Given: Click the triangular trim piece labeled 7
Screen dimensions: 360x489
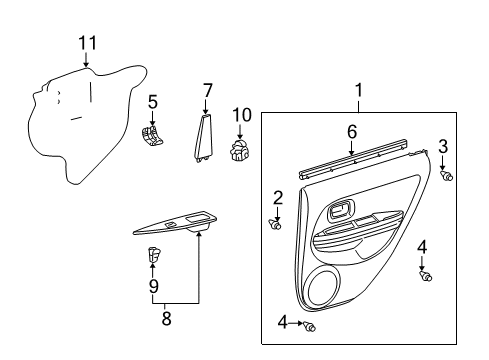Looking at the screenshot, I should (x=204, y=135).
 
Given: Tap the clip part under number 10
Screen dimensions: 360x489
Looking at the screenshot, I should (x=240, y=150).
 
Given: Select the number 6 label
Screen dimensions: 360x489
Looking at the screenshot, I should (x=352, y=131).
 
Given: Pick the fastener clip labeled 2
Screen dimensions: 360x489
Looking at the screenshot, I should (x=275, y=225).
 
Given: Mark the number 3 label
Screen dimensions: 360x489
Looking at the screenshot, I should (x=443, y=147).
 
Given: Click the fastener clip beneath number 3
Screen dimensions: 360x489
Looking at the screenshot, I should (x=447, y=176).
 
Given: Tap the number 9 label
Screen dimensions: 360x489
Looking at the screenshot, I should (x=153, y=286).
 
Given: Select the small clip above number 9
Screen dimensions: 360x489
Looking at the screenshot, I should (x=154, y=255).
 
